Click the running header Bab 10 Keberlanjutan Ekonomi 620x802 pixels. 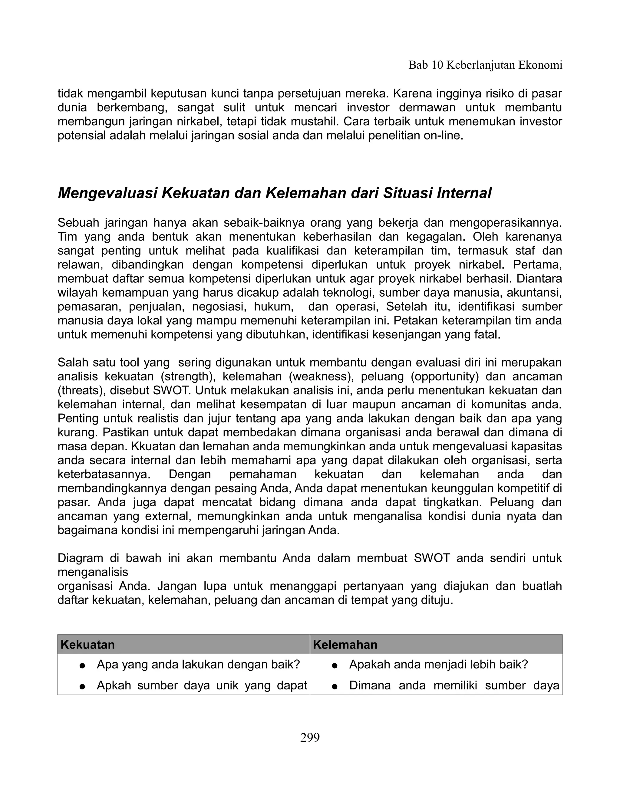[x=485, y=65]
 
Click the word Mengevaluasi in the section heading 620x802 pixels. [x=107, y=193]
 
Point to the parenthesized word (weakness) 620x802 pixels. [x=317, y=376]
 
